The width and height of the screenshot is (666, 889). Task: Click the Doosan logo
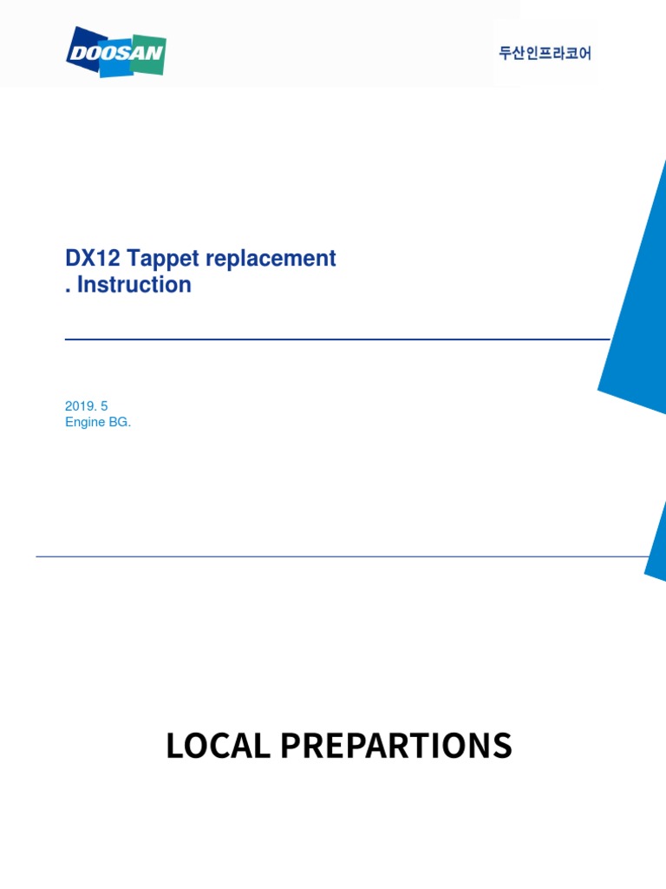pos(116,52)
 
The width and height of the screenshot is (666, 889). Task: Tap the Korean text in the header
pos(545,54)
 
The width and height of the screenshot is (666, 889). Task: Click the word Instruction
pos(134,285)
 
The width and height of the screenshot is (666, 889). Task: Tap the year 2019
pos(79,405)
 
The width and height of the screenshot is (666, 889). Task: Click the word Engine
pos(85,422)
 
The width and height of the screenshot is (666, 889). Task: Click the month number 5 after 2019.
pos(104,405)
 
